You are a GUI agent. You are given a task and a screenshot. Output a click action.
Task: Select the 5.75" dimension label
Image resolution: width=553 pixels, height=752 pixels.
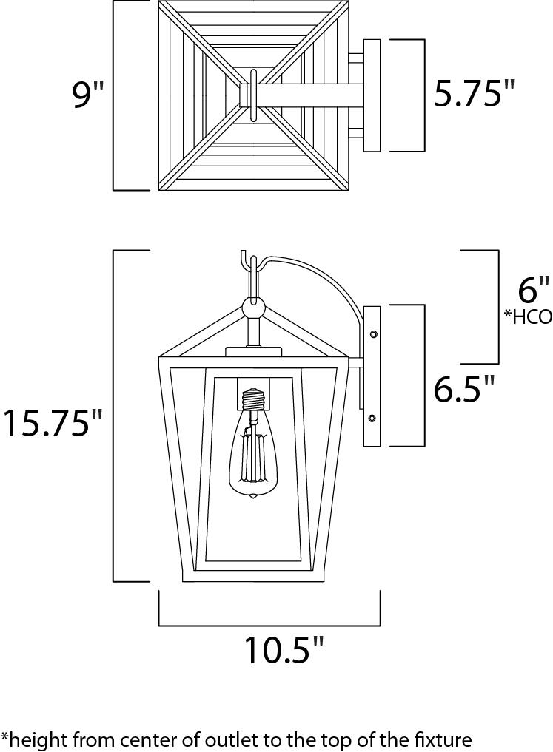(474, 94)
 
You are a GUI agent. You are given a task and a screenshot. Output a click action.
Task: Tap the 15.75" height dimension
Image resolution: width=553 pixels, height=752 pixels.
(52, 424)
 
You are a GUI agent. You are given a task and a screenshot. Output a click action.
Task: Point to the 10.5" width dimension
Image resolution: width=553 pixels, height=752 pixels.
(285, 651)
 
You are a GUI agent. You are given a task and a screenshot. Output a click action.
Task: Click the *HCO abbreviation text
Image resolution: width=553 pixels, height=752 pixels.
(528, 318)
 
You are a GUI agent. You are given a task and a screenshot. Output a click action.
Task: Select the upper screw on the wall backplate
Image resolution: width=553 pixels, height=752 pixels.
(372, 334)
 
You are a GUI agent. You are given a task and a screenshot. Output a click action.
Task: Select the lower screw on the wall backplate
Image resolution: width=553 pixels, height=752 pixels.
(372, 419)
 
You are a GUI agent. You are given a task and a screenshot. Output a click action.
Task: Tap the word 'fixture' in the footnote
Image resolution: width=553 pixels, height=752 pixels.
(443, 738)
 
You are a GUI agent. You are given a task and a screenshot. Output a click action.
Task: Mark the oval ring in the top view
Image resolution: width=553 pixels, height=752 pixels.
(253, 95)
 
